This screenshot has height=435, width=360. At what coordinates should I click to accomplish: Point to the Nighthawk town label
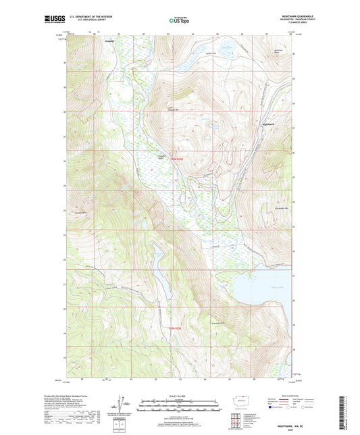pos(266,123)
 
